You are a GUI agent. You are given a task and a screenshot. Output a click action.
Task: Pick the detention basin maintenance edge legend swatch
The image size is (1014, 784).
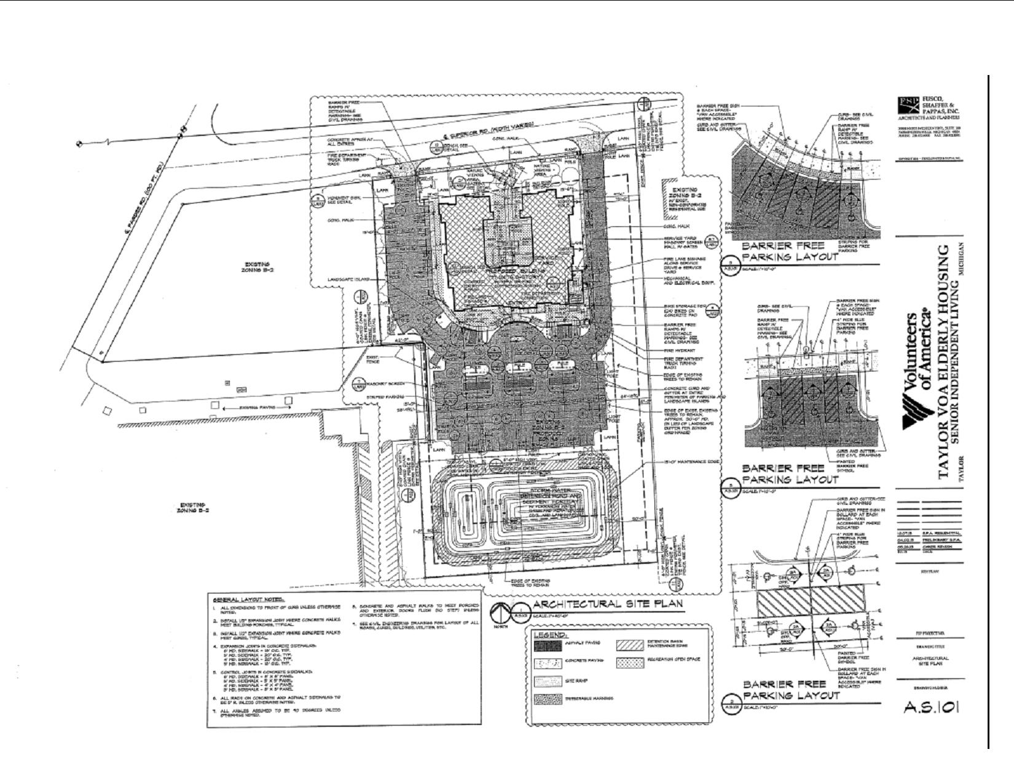click(x=629, y=644)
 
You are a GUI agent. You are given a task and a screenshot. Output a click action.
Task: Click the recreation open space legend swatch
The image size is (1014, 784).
click(x=629, y=662)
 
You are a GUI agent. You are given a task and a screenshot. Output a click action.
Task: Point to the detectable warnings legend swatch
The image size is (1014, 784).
click(x=548, y=699)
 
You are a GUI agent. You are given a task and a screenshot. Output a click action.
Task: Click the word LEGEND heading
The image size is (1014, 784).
click(x=550, y=634)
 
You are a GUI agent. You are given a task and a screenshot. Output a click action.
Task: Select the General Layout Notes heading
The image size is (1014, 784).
click(x=245, y=600)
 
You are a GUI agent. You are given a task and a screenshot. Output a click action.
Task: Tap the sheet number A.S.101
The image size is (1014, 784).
click(x=931, y=707)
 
